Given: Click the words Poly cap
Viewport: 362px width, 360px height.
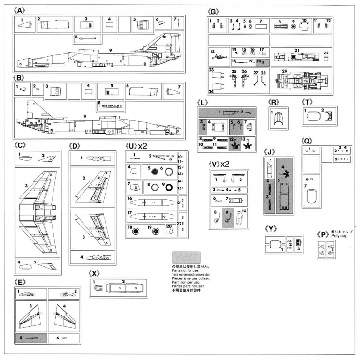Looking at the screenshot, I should pos(340,236).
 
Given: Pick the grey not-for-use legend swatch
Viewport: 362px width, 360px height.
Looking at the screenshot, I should pos(186,257).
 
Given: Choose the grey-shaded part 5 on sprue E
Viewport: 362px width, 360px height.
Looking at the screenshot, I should pos(31,337).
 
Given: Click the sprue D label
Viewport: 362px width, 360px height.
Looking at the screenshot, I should pos(76,146).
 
